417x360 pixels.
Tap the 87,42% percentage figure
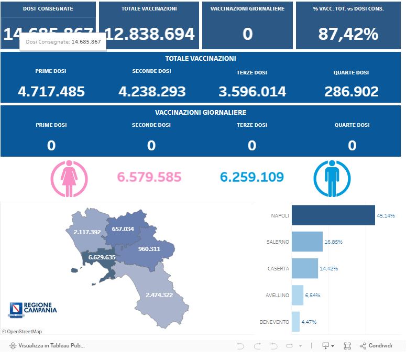(348, 34)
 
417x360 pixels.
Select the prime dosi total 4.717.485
(51, 92)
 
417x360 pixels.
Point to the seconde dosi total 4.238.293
(152, 92)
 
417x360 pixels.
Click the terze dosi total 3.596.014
(252, 92)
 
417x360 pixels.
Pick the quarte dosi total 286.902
(352, 92)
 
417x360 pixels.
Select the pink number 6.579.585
(149, 177)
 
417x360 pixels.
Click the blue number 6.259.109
(252, 177)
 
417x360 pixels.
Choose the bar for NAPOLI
(333, 215)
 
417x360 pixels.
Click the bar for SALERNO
(307, 242)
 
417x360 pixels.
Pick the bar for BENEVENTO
(295, 322)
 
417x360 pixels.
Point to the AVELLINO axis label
(277, 295)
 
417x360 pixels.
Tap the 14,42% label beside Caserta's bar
(328, 268)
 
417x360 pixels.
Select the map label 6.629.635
(102, 257)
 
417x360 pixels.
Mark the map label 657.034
(123, 229)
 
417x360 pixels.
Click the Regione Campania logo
(32, 309)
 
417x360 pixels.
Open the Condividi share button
(376, 346)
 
